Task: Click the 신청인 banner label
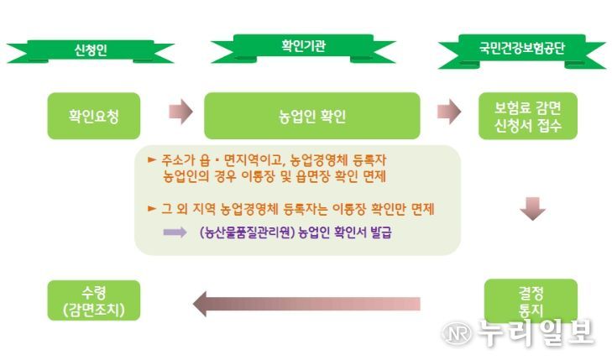pos(90,50)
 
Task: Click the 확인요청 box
pos(94,116)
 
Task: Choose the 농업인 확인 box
pos(312,116)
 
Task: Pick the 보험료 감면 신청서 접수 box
pos(528,116)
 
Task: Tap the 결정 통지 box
pos(531,301)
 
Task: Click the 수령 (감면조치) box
pos(94,300)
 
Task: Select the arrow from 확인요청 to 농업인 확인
pos(180,112)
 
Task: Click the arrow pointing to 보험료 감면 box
pos(449,112)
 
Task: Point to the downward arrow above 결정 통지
pos(533,209)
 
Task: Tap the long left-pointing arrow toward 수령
pos(306,304)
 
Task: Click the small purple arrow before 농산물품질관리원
pos(175,232)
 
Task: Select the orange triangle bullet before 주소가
pos(152,159)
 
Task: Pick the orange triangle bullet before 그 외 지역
pos(152,209)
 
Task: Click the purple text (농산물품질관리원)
pos(247,232)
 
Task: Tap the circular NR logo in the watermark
pos(456,333)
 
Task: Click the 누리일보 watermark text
pos(536,332)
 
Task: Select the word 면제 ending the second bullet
pos(422,209)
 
